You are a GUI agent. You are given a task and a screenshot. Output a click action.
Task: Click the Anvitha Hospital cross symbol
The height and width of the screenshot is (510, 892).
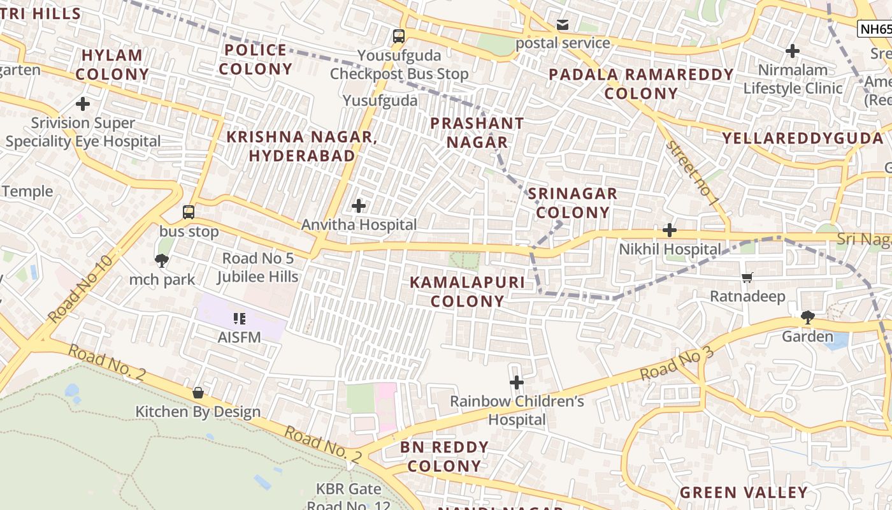(359, 206)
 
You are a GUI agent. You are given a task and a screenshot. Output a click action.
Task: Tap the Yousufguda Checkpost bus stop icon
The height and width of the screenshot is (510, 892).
(399, 36)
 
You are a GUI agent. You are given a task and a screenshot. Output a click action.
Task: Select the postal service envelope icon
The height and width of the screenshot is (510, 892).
(563, 25)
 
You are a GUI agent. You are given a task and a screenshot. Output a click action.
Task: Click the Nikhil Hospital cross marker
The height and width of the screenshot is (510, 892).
(670, 230)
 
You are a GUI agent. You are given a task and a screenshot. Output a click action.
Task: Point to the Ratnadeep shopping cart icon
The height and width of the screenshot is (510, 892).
(747, 277)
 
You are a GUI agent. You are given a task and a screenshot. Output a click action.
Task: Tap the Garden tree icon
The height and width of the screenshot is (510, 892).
(807, 317)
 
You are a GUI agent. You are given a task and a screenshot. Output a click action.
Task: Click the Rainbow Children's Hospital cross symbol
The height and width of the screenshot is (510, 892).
(517, 382)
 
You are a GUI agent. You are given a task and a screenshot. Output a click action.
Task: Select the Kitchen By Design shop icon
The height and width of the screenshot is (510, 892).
(198, 393)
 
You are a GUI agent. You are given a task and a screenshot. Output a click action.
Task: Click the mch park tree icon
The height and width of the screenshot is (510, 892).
(162, 260)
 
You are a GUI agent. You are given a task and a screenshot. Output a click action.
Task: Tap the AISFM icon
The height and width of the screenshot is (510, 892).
(240, 318)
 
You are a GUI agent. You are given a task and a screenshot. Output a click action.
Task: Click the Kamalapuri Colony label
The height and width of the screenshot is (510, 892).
(467, 291)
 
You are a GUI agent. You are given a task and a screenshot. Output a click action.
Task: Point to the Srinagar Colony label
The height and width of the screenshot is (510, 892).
(572, 203)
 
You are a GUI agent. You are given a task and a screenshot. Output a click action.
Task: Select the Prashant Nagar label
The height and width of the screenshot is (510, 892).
(477, 133)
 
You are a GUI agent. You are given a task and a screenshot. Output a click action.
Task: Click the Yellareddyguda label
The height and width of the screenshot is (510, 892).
(803, 138)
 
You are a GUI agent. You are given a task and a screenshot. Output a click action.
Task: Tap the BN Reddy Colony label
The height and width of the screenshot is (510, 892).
(444, 456)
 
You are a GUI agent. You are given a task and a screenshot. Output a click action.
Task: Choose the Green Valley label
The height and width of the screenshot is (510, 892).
(744, 493)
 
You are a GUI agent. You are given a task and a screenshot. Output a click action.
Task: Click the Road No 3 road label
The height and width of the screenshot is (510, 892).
(677, 365)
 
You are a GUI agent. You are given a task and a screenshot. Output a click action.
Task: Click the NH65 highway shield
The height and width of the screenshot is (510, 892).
(875, 29)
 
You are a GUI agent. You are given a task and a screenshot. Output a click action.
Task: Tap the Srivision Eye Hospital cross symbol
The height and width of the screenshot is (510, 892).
(83, 103)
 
